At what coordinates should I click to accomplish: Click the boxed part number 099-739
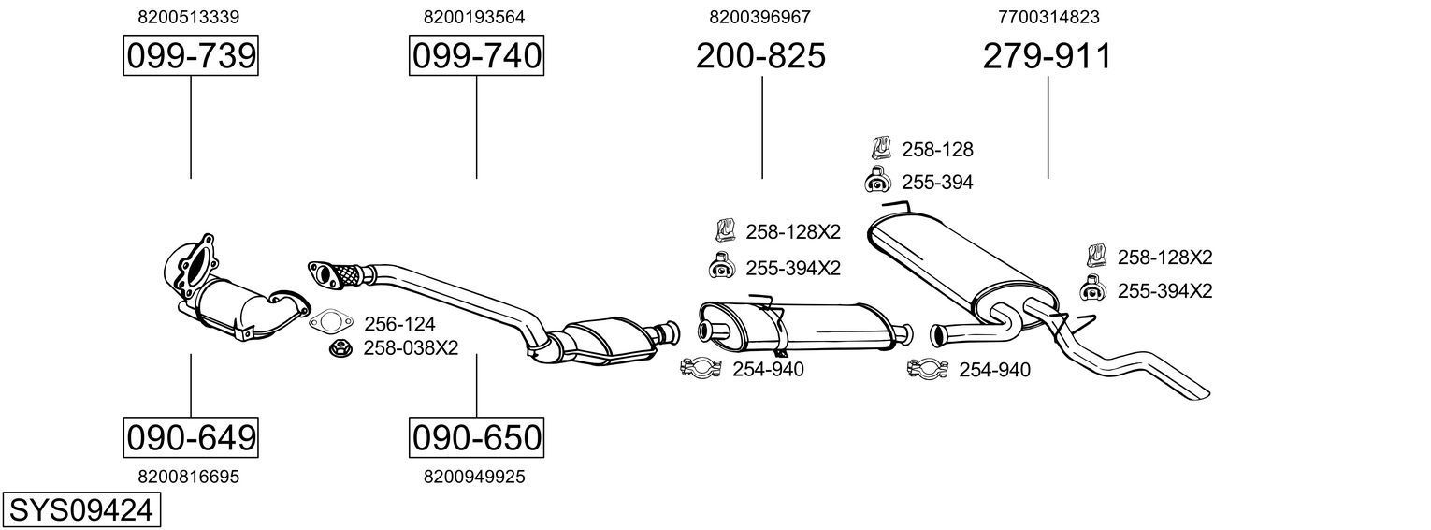coord(191,56)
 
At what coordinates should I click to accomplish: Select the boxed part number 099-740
coord(476,56)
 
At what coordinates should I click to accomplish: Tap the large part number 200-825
coord(760,56)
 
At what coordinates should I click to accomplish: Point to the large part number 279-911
coord(1047,56)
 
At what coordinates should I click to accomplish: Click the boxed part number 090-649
coord(191,436)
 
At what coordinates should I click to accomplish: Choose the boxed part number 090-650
coord(476,436)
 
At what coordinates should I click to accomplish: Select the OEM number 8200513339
coord(188,17)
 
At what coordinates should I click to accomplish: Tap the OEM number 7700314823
coord(1048,17)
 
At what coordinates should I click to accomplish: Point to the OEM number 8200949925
coord(474,477)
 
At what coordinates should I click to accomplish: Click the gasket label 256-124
coord(399,324)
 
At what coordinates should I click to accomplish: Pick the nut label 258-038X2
coord(411,348)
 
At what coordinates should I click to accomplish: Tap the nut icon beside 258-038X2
coord(340,348)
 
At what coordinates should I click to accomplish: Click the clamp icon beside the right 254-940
coord(928,369)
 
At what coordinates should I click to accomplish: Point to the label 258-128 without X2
coord(937,149)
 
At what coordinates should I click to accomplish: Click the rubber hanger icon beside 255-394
coord(878,181)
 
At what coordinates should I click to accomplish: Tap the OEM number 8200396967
coord(760,17)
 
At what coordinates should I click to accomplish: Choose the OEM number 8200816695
coord(188,477)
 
